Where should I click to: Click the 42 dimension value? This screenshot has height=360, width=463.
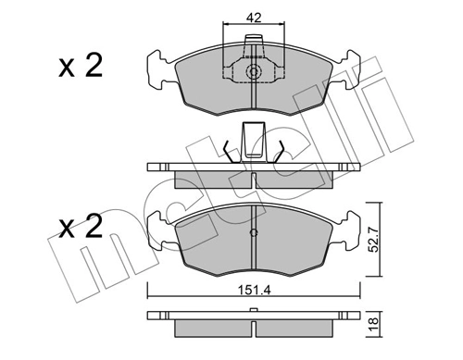click(x=253, y=16)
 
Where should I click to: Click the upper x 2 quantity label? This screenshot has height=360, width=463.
click(x=79, y=67)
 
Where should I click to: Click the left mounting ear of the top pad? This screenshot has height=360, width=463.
click(x=156, y=67)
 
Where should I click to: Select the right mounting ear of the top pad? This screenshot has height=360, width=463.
click(x=349, y=67)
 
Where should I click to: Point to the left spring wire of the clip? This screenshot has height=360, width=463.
click(x=231, y=148)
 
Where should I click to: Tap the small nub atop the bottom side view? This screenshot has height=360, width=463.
click(x=253, y=311)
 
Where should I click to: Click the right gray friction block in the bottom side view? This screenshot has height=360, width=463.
click(x=296, y=329)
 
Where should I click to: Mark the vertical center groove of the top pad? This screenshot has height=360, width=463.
click(x=253, y=97)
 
